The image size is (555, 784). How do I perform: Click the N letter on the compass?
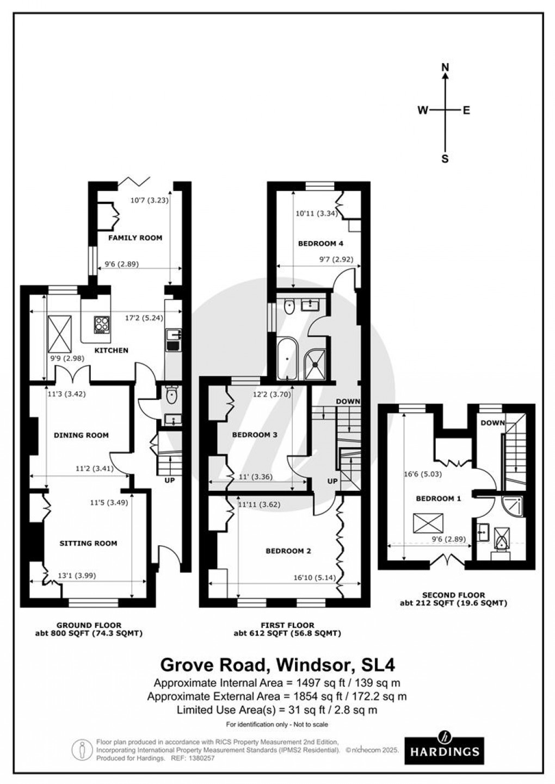445,67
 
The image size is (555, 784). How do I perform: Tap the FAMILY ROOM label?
135,238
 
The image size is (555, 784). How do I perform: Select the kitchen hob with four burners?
102,325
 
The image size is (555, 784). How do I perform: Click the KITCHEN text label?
112,350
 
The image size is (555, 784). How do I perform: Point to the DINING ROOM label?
81,435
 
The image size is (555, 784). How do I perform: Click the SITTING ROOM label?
88,543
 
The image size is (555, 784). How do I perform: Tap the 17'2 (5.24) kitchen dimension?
144,318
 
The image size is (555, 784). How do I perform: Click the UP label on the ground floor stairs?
170,480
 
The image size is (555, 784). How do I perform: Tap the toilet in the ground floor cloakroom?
172,396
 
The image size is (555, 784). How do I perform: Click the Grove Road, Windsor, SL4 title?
277,665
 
